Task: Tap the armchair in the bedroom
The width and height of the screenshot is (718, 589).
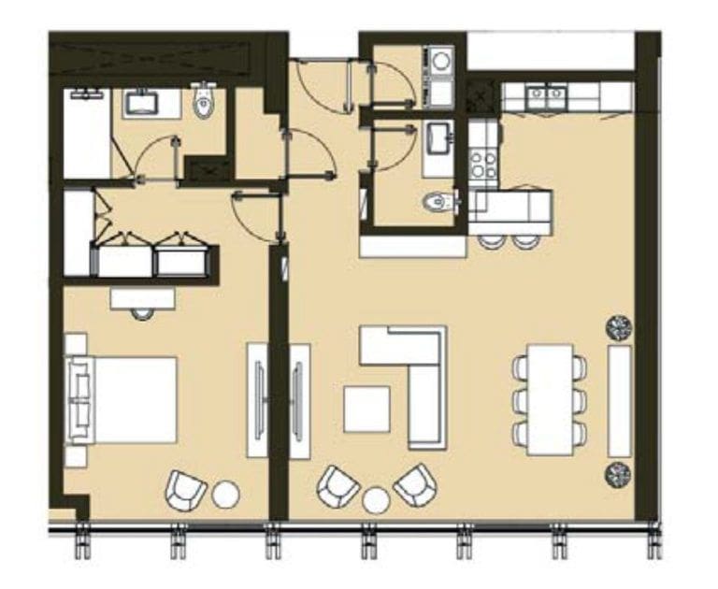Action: click(x=186, y=489)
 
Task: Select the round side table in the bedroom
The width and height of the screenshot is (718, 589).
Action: click(x=226, y=494)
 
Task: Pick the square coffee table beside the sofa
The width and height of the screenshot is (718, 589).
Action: click(x=366, y=409)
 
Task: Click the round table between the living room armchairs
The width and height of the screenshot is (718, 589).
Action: click(x=376, y=500)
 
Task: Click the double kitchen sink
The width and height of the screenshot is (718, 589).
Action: click(x=545, y=94)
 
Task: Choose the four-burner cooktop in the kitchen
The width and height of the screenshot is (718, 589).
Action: click(x=483, y=165)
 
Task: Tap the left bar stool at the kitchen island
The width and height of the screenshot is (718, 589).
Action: click(x=491, y=240)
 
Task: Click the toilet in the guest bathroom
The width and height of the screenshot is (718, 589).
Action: click(x=438, y=200)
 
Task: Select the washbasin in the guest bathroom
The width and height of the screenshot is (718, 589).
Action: click(x=438, y=138)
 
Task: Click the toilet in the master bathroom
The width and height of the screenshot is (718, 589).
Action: click(x=204, y=105)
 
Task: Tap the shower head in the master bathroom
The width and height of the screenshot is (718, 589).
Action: click(x=86, y=94)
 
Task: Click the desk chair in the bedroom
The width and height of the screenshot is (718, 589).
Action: click(x=142, y=312)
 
